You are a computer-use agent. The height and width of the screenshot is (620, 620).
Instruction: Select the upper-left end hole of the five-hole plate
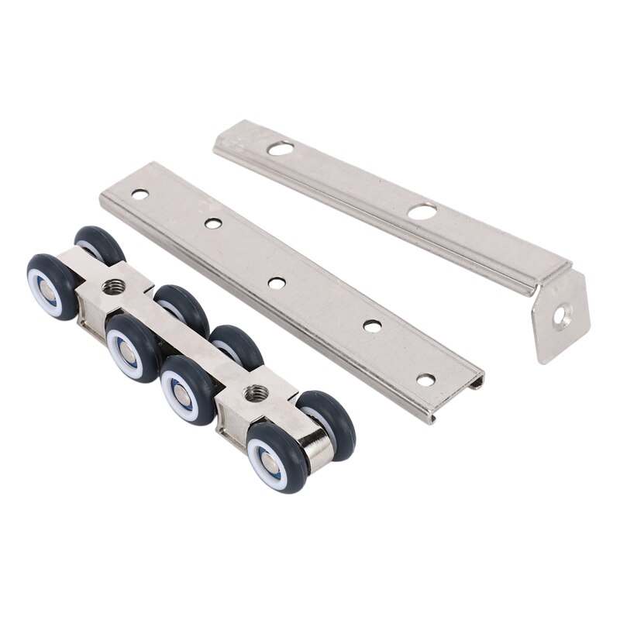(x=139, y=195)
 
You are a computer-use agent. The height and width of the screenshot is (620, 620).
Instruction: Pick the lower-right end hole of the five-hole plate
(x=425, y=380)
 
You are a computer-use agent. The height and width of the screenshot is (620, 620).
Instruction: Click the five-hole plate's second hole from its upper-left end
(x=213, y=224)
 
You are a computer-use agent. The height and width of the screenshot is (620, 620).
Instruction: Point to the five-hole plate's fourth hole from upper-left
(x=372, y=326)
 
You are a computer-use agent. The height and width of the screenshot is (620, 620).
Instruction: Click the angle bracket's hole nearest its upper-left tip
(x=281, y=147)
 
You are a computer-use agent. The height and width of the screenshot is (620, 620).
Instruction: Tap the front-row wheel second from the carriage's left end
(x=132, y=346)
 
